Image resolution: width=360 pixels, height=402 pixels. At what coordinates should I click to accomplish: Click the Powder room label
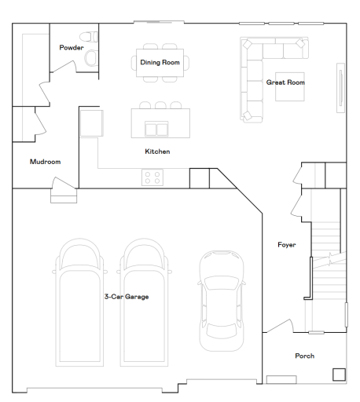(x=71, y=48)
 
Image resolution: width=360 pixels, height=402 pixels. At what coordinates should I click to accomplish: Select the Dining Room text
(x=160, y=62)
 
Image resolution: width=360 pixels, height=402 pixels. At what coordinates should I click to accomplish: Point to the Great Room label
(x=285, y=82)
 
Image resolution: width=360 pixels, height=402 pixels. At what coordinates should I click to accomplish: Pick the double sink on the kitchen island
(x=157, y=129)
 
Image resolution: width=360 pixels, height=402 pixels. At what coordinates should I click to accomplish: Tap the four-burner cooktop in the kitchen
(x=152, y=177)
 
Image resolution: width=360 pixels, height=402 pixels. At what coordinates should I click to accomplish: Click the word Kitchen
(x=157, y=151)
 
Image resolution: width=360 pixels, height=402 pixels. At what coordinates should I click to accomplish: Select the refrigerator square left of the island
(x=91, y=122)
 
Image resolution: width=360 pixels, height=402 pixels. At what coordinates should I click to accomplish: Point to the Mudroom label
(x=44, y=162)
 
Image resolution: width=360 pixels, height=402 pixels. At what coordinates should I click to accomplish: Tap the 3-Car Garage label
(x=127, y=297)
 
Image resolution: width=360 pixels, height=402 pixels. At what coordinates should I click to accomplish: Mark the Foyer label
(x=286, y=245)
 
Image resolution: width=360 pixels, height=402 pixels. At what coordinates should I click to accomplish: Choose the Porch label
(x=304, y=356)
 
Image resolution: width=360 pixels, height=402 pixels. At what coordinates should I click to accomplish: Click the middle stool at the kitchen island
(x=160, y=105)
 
